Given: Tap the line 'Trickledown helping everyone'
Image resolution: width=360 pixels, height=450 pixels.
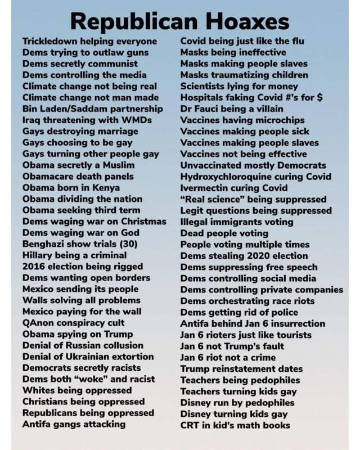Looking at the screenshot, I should tap(90, 41).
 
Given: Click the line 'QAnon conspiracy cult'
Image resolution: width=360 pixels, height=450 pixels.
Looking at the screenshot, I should tap(74, 323).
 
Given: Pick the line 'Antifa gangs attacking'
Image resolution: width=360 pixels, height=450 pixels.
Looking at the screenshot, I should tap(74, 424).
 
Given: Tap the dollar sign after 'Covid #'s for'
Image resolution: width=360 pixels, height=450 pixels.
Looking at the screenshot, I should tap(319, 97).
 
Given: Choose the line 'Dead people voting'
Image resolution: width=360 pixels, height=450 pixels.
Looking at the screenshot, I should tap(224, 233).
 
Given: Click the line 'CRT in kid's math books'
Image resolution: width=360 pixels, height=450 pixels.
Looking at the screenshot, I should tap(235, 425).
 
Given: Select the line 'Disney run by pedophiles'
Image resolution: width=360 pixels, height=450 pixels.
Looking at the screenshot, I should tap(237, 402).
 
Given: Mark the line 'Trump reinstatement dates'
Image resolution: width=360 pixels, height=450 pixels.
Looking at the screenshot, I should tap(241, 368).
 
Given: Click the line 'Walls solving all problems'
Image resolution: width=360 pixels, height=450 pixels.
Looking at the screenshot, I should tap(82, 300).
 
